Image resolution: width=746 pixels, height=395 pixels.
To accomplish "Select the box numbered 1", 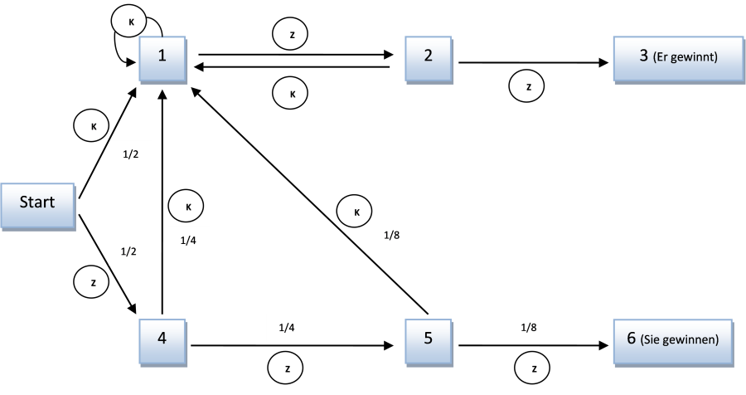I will [x=162, y=57].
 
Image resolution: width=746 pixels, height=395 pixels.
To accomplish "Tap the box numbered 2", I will [x=429, y=57].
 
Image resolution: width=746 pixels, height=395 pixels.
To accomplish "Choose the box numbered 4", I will [x=162, y=339].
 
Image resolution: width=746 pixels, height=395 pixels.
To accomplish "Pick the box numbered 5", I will [x=429, y=339].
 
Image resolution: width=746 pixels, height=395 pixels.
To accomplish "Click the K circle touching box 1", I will [x=129, y=22].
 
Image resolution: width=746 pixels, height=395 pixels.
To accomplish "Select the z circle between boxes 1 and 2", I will [x=290, y=35].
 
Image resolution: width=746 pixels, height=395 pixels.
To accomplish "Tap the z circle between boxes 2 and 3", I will [x=527, y=86].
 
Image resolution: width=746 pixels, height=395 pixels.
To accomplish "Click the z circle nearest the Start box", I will [x=92, y=283].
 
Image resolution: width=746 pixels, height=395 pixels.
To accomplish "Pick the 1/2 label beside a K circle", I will [x=131, y=154].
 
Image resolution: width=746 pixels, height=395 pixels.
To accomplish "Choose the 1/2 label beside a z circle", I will [x=129, y=251].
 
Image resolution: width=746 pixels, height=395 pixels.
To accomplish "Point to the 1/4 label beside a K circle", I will [x=188, y=240].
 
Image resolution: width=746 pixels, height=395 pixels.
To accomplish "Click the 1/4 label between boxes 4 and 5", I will [x=287, y=328].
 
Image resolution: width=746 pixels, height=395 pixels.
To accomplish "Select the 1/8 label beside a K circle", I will [x=391, y=235].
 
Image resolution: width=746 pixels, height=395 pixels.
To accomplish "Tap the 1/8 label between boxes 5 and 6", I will [x=529, y=328].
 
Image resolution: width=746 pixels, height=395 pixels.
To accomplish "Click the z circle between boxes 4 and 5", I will [x=287, y=368].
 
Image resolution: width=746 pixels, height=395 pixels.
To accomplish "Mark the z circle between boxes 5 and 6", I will [x=532, y=368].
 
